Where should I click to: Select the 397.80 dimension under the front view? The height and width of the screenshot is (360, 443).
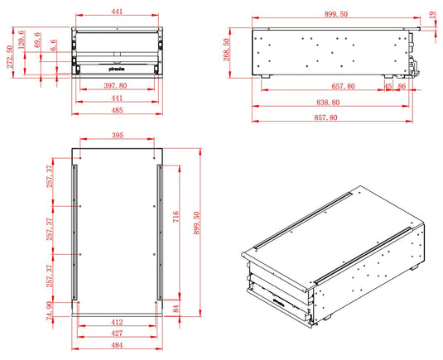[x=116, y=86]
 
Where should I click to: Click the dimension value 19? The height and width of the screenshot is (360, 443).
[x=432, y=14]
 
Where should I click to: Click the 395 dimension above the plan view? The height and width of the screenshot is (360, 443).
[x=117, y=135]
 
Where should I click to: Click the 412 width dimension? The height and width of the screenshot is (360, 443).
[x=117, y=321]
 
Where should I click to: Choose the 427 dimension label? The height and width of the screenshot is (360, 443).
[x=117, y=333]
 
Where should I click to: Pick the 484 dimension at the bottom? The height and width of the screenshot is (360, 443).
[x=117, y=345]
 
